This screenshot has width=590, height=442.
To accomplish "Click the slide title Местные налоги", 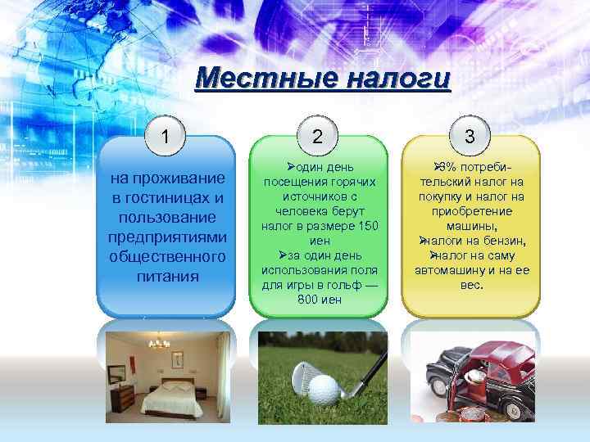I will (x=324, y=80).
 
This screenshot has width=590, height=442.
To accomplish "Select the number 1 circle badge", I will (x=166, y=135).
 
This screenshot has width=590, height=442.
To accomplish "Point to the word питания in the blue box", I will (x=167, y=276).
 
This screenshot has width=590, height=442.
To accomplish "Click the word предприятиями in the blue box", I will (x=167, y=237).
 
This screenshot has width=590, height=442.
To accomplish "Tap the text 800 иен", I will (x=320, y=300).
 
